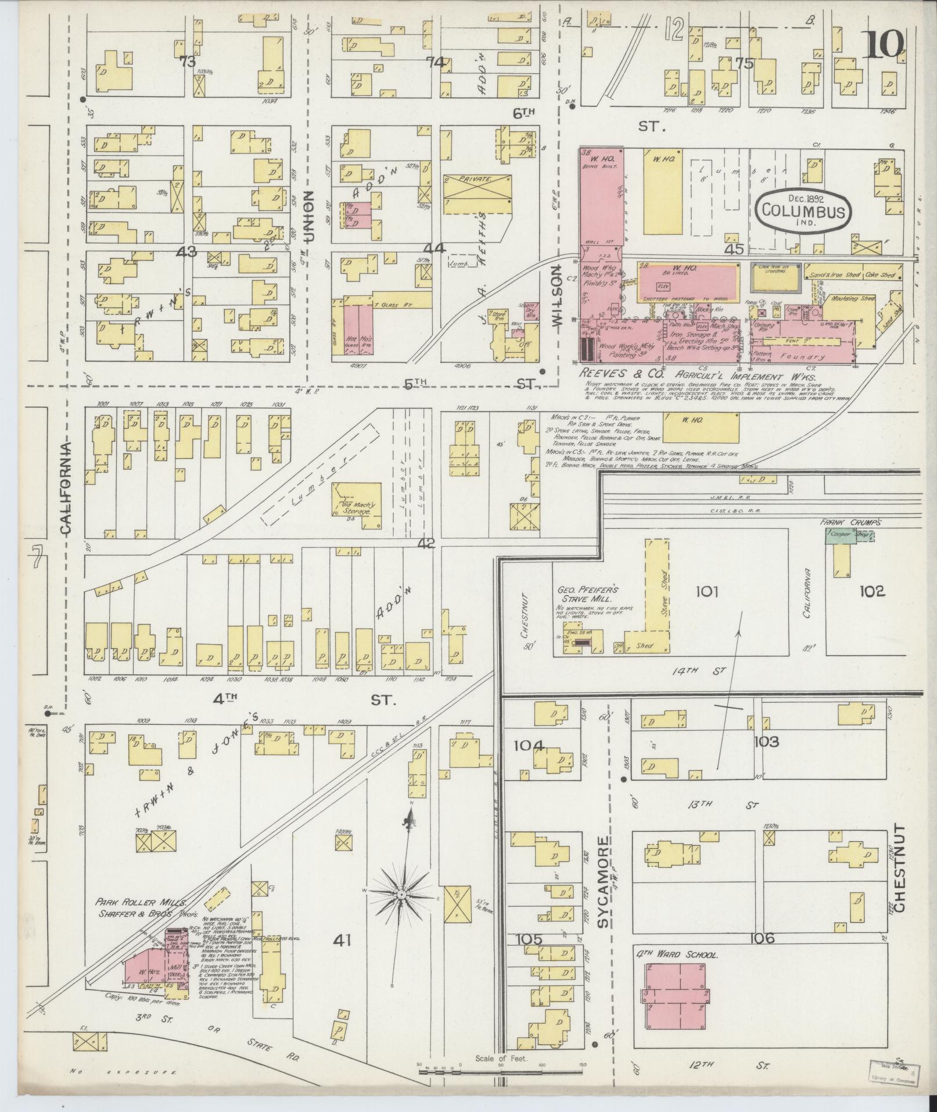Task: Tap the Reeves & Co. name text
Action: pyautogui.click(x=622, y=376)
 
